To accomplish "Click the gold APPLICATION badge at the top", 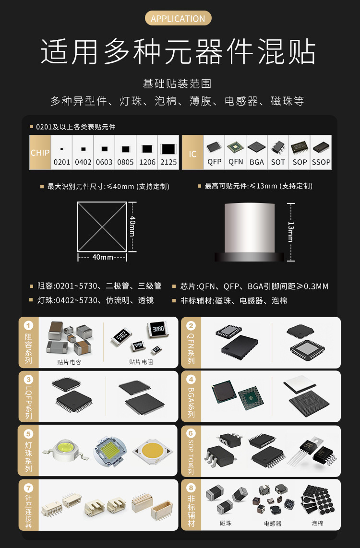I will click(x=178, y=19).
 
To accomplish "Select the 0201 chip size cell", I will click(x=61, y=153).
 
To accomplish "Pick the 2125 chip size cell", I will click(x=168, y=153).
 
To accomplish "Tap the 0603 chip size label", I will click(x=104, y=162).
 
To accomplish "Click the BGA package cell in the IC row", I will click(x=257, y=153).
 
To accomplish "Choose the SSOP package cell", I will click(x=321, y=153).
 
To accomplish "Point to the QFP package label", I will click(x=215, y=162).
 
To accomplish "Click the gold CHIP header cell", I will click(x=40, y=153).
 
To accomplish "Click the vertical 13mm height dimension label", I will click(x=290, y=231).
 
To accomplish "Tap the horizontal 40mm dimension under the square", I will click(x=102, y=257).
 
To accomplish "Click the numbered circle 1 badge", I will click(x=29, y=326).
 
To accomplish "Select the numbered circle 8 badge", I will click(x=191, y=488).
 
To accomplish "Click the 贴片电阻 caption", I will click(x=141, y=362).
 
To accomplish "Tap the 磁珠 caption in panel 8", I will click(x=225, y=523).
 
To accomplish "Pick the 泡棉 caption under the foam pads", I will click(x=317, y=523).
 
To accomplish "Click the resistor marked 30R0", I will click(x=157, y=330).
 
